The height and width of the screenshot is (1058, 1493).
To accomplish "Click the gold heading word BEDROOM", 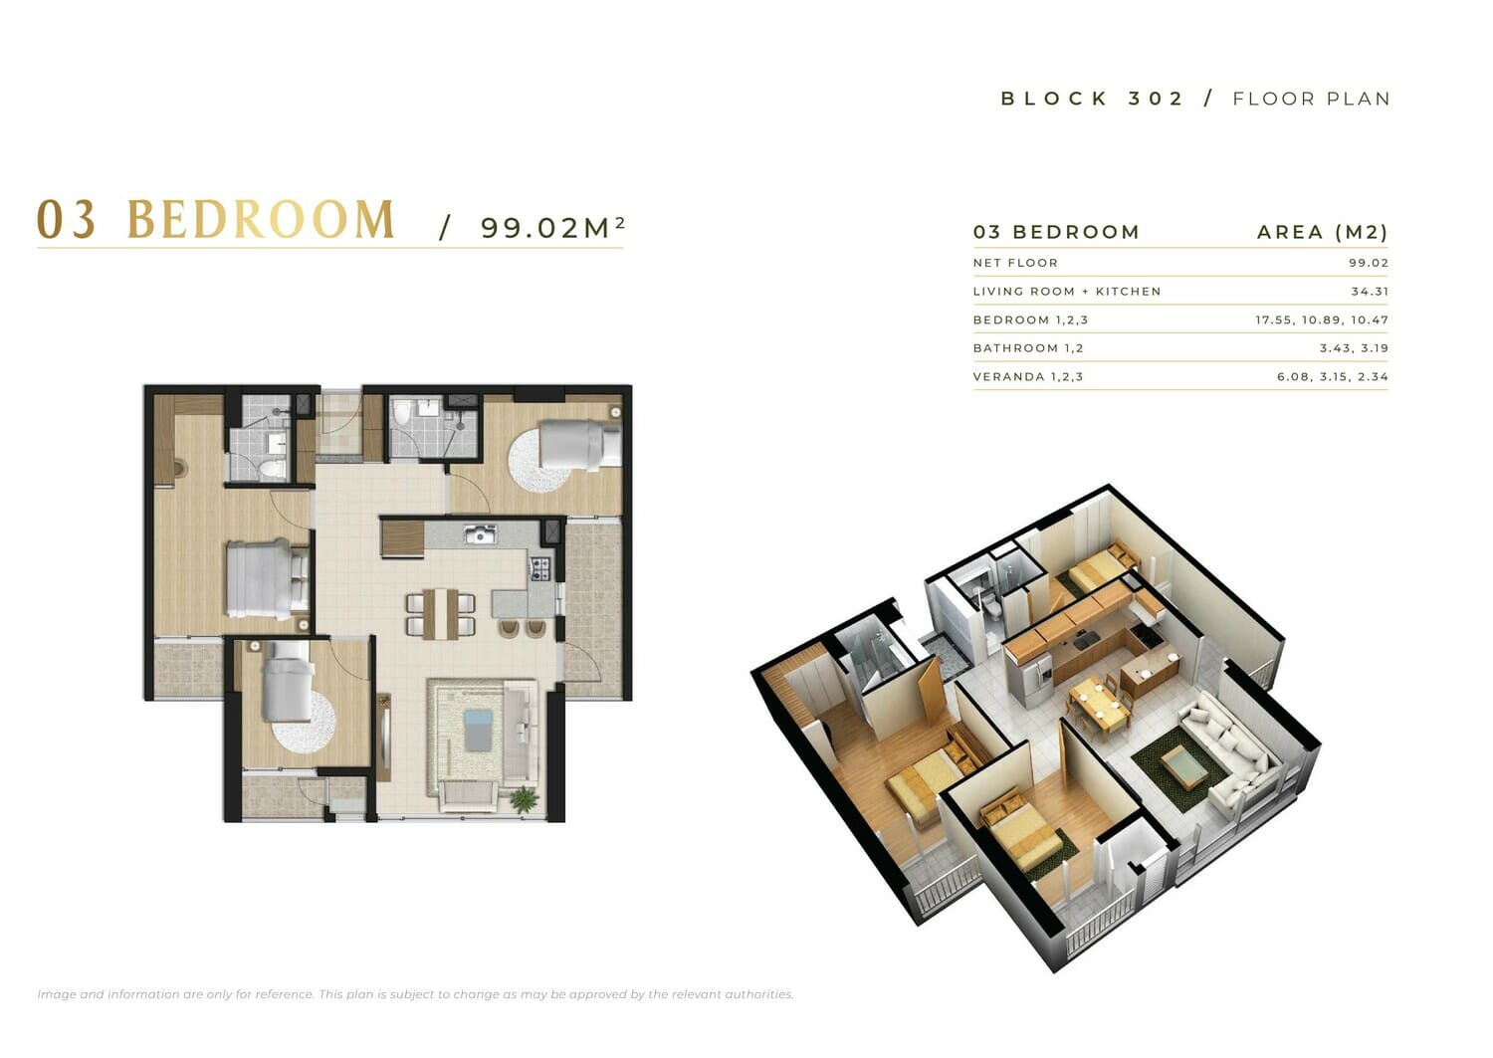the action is pyautogui.click(x=261, y=219).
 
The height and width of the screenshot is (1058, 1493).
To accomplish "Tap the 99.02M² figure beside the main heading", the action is pyautogui.click(x=552, y=227).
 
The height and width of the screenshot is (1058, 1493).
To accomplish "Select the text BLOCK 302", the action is pyautogui.click(x=1091, y=99).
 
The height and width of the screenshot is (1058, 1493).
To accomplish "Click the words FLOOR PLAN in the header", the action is pyautogui.click(x=1311, y=99).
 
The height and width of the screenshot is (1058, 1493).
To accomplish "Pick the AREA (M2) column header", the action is pyautogui.click(x=1323, y=232).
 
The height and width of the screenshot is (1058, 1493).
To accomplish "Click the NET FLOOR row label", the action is pyautogui.click(x=1015, y=263).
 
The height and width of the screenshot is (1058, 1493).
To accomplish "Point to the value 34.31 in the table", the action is pyautogui.click(x=1370, y=292).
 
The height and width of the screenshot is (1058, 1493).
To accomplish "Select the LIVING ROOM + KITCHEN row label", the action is pyautogui.click(x=1066, y=292).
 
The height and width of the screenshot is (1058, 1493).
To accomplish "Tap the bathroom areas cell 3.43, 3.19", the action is pyautogui.click(x=1354, y=348).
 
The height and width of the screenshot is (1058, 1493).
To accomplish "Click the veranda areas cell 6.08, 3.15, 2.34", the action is pyautogui.click(x=1333, y=376).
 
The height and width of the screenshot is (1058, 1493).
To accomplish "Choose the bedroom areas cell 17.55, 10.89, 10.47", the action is pyautogui.click(x=1322, y=320).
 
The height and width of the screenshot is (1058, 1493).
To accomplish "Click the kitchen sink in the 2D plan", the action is pyautogui.click(x=480, y=533).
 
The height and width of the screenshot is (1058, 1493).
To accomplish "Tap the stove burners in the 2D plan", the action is pyautogui.click(x=539, y=568).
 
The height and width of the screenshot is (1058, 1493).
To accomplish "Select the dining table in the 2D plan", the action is pyautogui.click(x=441, y=613).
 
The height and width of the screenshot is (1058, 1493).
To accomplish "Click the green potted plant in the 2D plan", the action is pyautogui.click(x=524, y=798).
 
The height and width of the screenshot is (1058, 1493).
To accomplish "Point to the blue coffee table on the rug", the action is pyautogui.click(x=478, y=731).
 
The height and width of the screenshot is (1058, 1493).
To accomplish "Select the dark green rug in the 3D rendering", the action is pyautogui.click(x=1179, y=768).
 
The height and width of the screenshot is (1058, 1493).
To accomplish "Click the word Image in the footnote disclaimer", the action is pyautogui.click(x=56, y=994).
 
